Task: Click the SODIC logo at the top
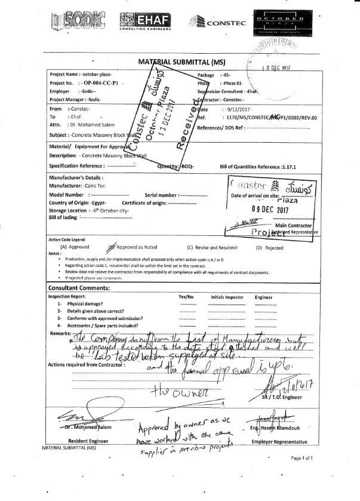pyautogui.click(x=78, y=21)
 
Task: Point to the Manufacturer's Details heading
pyautogui.click(x=76, y=177)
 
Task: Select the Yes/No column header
pyautogui.click(x=186, y=296)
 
